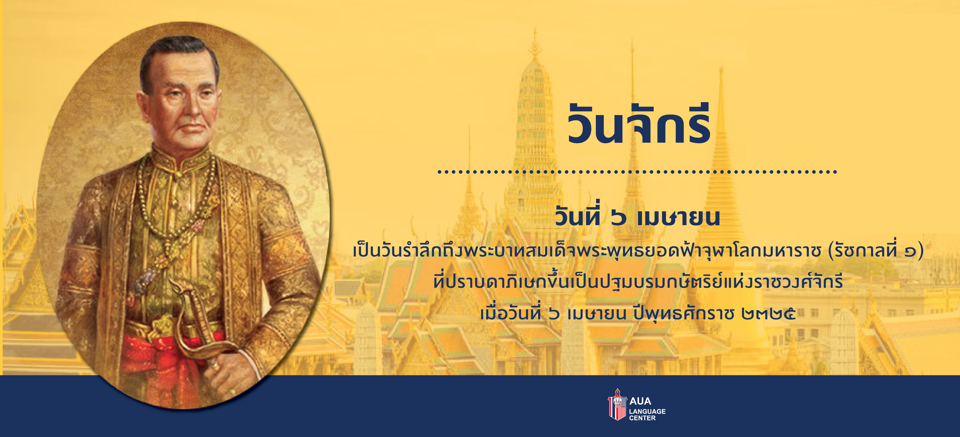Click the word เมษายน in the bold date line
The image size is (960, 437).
pos(678,218)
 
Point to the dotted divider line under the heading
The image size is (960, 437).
pos(637,172)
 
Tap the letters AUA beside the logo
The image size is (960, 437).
pos(640,401)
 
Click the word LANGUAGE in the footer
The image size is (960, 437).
pos(647,411)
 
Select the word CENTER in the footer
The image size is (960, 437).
pos(642,418)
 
